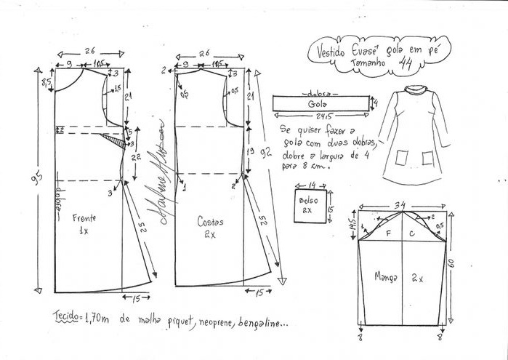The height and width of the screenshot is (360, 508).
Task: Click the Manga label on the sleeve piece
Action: (386, 276)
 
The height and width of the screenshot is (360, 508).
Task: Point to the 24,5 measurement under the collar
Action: (321, 119)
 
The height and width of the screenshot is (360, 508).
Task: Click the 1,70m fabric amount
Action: (100, 317)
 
